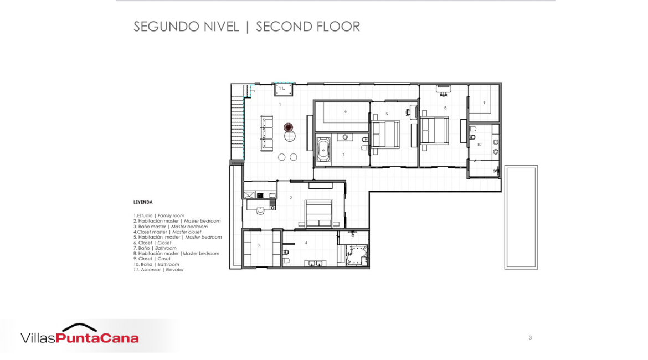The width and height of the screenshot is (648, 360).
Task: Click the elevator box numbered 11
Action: tap(284, 89)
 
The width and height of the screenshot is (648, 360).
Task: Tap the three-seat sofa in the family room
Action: tap(266, 133)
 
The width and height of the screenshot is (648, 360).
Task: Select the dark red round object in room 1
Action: tap(288, 127)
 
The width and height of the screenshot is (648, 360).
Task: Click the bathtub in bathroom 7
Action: tap(323, 150)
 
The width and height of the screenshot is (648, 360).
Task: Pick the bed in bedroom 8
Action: tap(434, 130)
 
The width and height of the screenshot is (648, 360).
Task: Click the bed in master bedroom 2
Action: tap(318, 213)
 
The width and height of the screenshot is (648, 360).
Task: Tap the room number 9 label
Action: tap(485, 102)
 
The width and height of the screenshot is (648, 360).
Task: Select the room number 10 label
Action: tap(479, 145)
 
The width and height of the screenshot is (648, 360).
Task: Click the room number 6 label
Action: tap(346, 111)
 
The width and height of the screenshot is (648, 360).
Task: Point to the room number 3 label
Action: tap(259, 245)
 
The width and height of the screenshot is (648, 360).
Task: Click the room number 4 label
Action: tap(306, 243)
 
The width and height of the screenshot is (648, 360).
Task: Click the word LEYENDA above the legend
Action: tap(143, 202)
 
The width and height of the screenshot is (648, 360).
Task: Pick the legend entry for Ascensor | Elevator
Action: tap(159, 270)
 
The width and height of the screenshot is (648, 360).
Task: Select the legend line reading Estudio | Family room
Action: tap(159, 215)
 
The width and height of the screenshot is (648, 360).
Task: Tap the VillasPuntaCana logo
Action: tap(80, 334)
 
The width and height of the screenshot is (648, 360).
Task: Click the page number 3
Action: tap(530, 338)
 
